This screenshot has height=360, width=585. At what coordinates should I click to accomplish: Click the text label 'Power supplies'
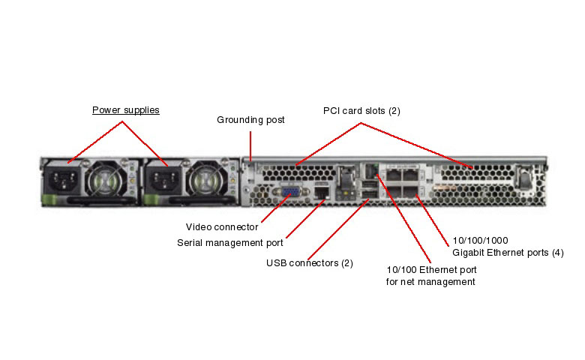[x=126, y=110]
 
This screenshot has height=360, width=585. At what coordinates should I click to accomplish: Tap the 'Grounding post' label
[x=250, y=119]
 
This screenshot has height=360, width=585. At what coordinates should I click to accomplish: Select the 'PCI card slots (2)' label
[x=361, y=111]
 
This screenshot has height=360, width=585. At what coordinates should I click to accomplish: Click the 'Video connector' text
[x=222, y=226]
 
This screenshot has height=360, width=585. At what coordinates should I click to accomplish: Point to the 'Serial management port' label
[x=230, y=242]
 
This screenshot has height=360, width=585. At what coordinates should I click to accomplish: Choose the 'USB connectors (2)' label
[x=310, y=262]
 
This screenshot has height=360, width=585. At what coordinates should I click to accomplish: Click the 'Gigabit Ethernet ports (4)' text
[x=508, y=253]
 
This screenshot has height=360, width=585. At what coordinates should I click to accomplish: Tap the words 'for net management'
[x=430, y=282]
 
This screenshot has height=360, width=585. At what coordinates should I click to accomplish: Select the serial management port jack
[x=322, y=193]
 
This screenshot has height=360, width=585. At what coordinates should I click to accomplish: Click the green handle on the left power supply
[x=52, y=199]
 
